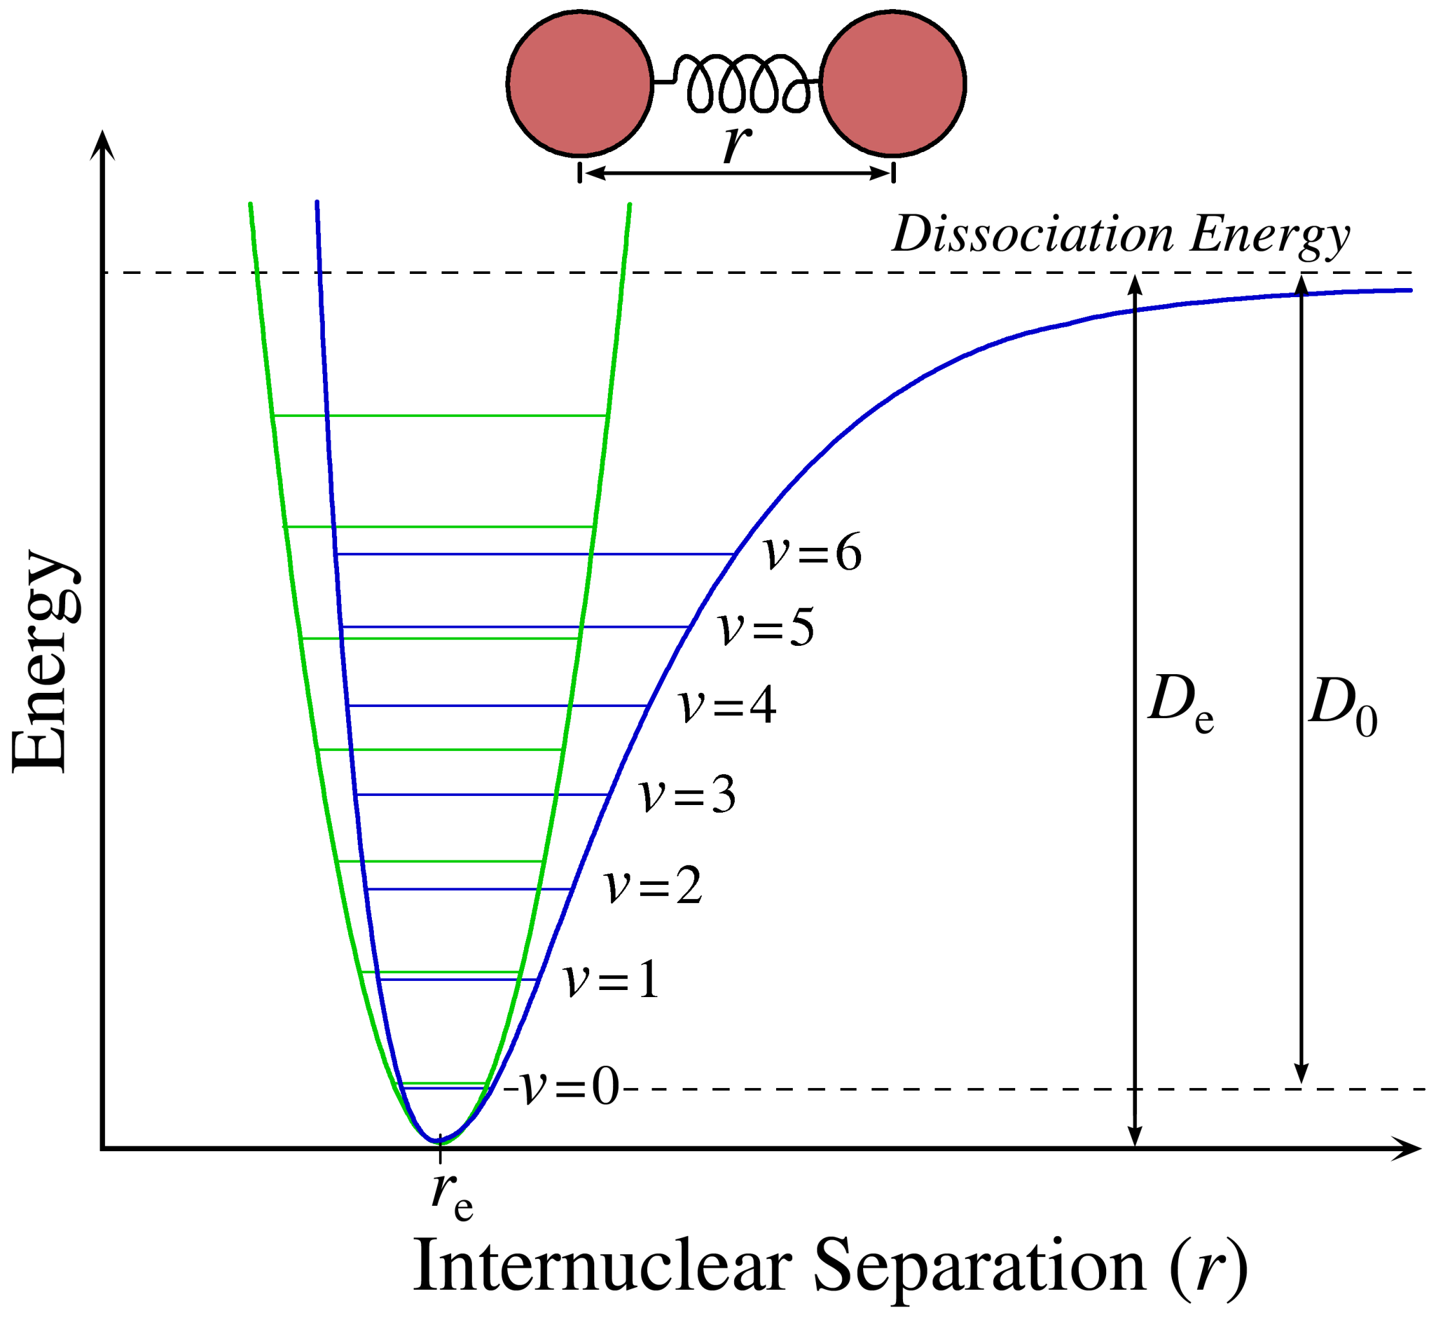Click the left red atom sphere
click(579, 83)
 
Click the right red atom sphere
click(892, 83)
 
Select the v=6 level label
click(812, 553)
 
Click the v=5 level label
click(766, 628)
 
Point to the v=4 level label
click(727, 706)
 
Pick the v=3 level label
click(687, 794)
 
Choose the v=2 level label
click(653, 886)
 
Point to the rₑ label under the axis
click(451, 1195)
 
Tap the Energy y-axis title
click(44, 661)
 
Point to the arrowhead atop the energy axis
click(104, 143)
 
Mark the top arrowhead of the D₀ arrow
click(1301, 284)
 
